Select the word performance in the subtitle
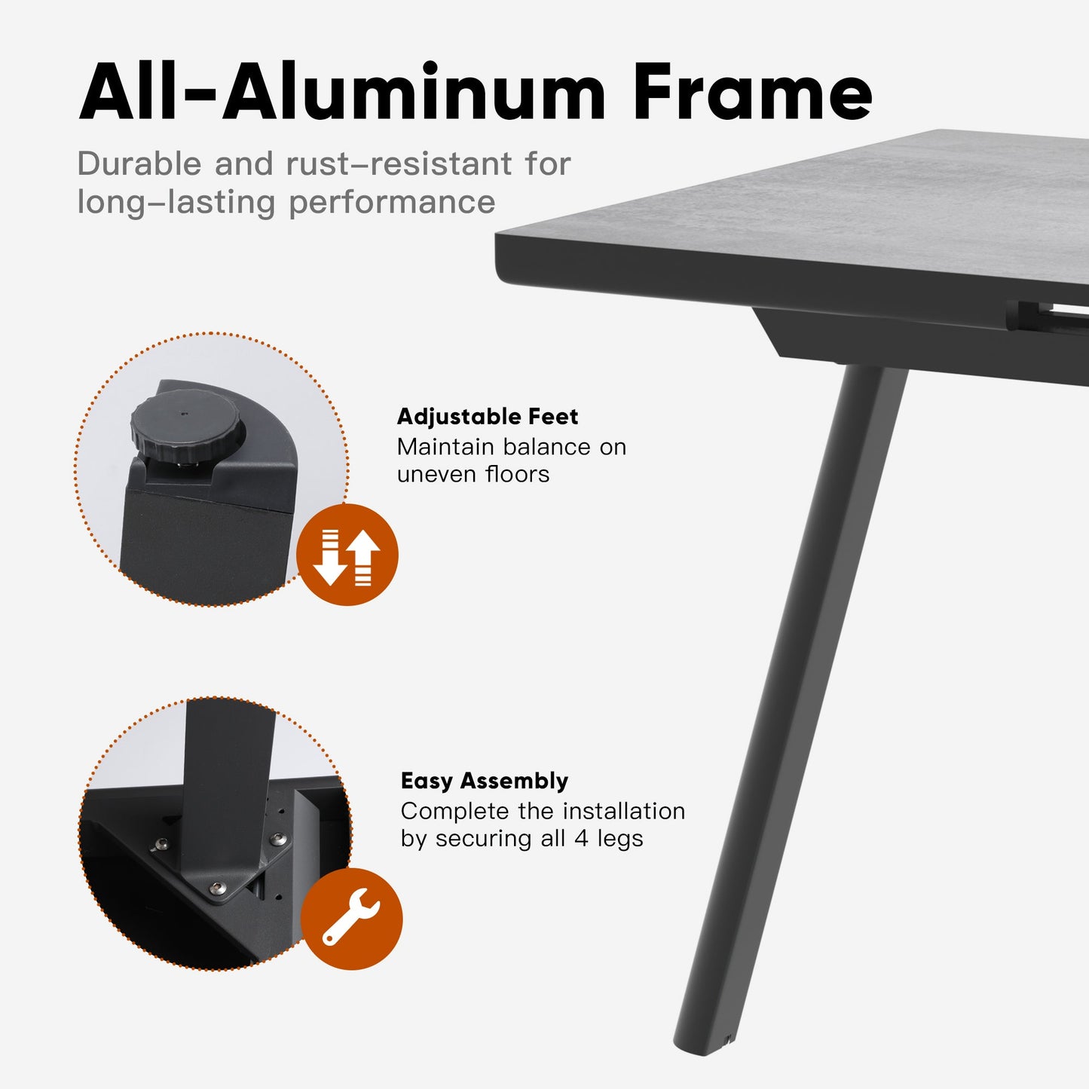tap(392, 202)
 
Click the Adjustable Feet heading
tap(488, 417)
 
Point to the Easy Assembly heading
tap(485, 781)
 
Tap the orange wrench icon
tap(351, 919)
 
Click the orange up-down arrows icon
tap(347, 555)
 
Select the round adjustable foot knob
tap(187, 427)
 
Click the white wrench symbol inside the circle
tap(351, 916)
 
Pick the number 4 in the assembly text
tap(582, 838)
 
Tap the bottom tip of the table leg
tap(702, 1040)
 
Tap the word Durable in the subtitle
tap(139, 164)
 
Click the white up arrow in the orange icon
tap(364, 556)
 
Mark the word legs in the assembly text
tap(620, 839)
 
